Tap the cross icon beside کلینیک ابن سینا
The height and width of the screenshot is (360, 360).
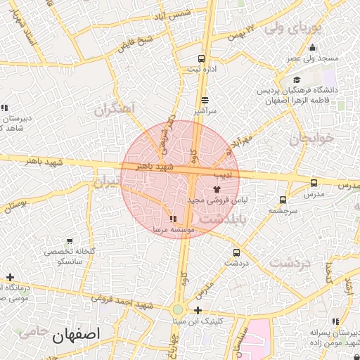click(198, 310)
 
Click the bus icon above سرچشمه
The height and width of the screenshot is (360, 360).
click(283, 200)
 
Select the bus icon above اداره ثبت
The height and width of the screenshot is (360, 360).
click(202, 59)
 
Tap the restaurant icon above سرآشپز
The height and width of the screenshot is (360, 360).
click(205, 101)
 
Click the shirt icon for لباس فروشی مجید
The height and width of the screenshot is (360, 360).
click(216, 189)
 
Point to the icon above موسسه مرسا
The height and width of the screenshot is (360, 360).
click(173, 219)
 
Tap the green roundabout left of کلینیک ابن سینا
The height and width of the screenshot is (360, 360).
click(177, 309)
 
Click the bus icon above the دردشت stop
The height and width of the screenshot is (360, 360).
click(236, 252)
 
